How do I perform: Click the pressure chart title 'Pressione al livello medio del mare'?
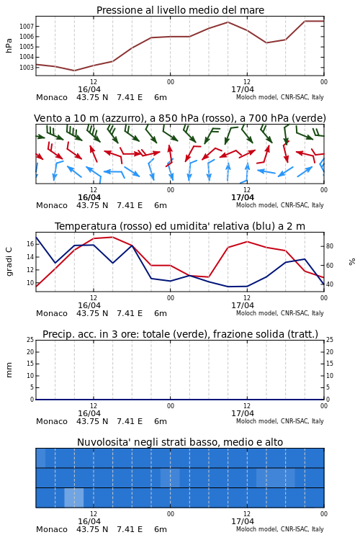coord(180,10)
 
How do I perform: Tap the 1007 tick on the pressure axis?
coord(27,26)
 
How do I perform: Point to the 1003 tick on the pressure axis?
coord(27,68)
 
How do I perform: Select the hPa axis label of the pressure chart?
coord(9,45)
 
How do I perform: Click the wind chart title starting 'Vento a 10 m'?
coord(180,119)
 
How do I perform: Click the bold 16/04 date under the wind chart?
coord(89,198)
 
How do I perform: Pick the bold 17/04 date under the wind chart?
coord(243,198)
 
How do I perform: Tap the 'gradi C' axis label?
coord(9,261)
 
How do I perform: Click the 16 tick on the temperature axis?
coord(30,244)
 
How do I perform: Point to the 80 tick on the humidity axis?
coord(330,246)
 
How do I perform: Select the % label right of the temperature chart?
coord(352,262)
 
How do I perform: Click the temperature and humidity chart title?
coord(180,226)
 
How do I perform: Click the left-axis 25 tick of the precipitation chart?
coord(30,340)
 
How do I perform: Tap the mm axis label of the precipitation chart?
coord(9,370)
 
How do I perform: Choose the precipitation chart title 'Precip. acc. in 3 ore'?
coord(180,334)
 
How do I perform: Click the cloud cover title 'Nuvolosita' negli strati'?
coord(180,442)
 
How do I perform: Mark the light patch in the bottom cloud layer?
coord(74,498)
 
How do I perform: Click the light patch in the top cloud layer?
coord(40,458)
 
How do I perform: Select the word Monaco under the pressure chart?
coord(52,97)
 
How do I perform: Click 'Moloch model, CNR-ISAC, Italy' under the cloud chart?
coord(280,529)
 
